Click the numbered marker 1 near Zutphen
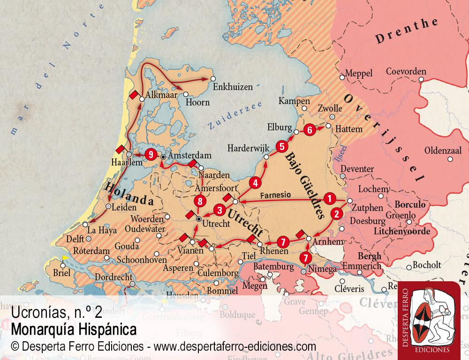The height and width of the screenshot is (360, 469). point(330,198)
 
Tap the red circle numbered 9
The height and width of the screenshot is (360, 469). point(150,154)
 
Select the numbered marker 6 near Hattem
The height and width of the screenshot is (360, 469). point(309,130)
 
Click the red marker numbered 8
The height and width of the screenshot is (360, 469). point(200,202)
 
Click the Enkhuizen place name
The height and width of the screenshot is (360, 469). point(233,87)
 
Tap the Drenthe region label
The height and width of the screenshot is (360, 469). point(407,32)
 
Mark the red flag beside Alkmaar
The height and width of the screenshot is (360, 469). point(134,95)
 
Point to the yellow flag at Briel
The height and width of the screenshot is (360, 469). point(66,257)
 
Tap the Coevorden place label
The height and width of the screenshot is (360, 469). point(406,72)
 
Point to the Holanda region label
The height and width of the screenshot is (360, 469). point(129,195)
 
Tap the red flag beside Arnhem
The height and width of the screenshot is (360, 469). point(301,233)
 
